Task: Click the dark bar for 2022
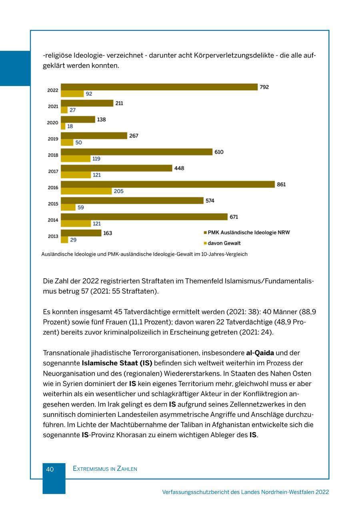[159, 87]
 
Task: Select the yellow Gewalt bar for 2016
[86, 191]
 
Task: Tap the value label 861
[281, 185]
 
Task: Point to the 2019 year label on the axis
[53, 139]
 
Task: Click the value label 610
[219, 152]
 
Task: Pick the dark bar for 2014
[144, 217]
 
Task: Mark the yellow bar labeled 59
[68, 207]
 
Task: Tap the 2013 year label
[53, 236]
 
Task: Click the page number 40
[50, 469]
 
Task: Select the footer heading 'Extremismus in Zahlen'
[105, 469]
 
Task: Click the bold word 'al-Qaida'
[260, 353]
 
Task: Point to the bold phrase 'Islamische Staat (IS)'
[117, 363]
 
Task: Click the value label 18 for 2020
[70, 126]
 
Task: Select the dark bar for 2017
[116, 168]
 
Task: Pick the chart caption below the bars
[144, 254]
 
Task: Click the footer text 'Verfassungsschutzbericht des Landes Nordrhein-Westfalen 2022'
[245, 492]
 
